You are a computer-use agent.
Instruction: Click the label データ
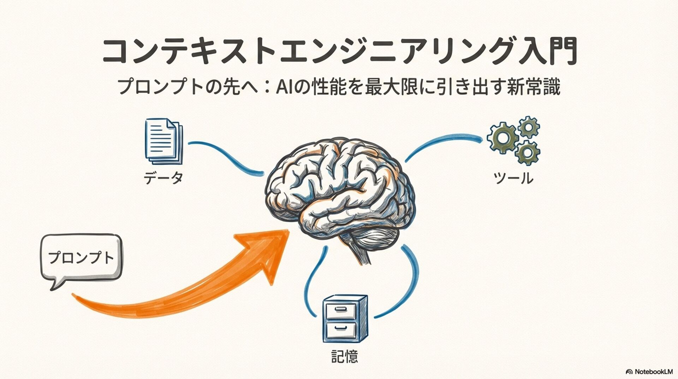tap(163, 178)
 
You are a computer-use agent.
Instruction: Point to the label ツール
tap(513, 179)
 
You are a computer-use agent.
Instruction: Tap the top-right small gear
tap(529, 127)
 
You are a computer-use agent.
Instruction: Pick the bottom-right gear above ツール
tap(527, 153)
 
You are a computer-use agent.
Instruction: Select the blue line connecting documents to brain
tap(226, 156)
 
